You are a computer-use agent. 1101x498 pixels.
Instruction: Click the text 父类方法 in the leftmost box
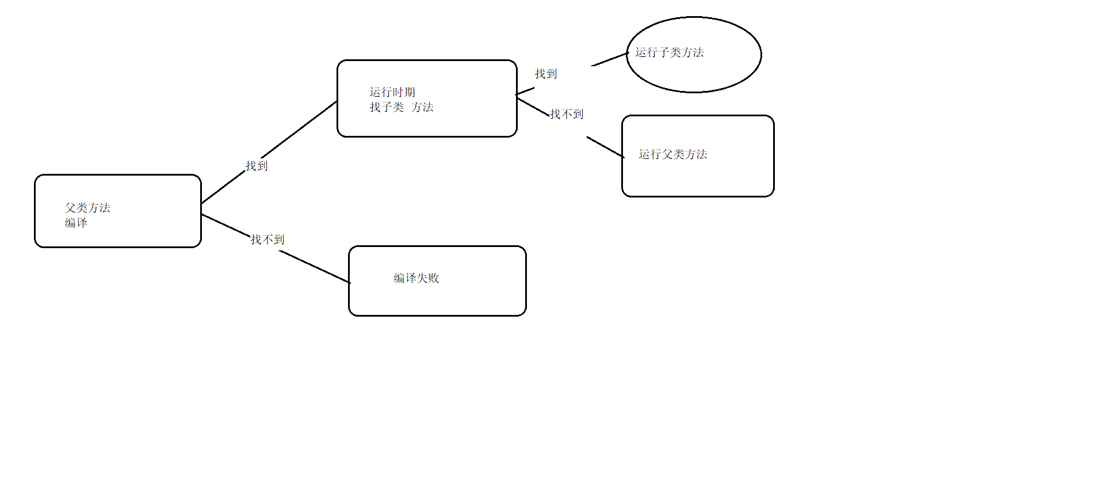87,208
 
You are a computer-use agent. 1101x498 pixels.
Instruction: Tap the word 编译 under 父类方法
76,223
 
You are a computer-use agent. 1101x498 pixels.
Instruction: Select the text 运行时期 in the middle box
392,92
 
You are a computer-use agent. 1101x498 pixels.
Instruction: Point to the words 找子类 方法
402,107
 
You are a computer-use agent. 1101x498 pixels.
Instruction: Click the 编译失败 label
416,278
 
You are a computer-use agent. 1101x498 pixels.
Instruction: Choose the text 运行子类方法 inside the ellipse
670,52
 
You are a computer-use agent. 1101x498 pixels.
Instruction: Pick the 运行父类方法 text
673,154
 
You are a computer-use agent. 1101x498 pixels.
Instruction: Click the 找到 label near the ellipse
546,74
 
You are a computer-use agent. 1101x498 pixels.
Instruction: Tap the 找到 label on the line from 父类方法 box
257,166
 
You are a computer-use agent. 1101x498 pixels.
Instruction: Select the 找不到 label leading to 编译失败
267,240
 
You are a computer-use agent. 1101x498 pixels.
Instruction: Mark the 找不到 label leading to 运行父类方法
567,114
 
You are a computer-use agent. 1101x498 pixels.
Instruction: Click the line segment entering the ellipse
610,59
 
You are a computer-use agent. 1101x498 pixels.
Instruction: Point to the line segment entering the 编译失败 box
315,267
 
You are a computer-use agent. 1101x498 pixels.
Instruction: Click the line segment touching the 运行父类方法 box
605,147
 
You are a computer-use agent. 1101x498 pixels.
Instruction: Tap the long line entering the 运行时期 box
299,130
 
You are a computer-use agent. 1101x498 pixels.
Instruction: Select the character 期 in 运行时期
410,92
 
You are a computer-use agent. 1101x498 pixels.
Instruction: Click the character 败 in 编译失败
434,278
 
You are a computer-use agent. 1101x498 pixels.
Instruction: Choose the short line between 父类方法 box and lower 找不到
226,225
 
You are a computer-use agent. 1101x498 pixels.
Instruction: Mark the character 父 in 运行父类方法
667,154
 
